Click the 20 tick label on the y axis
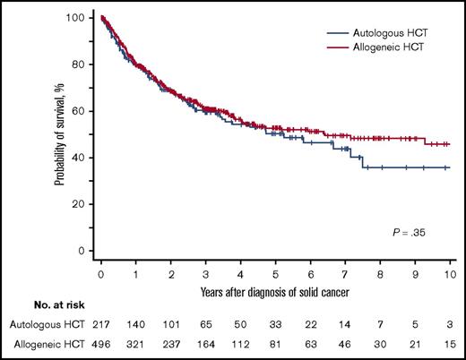82,204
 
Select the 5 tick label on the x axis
275,269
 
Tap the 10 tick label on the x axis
448,269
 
